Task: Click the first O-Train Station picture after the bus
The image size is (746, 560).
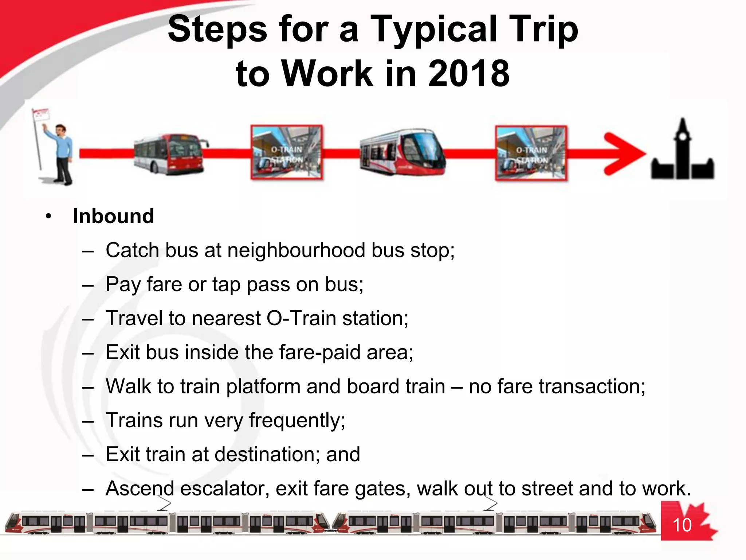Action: pos(287,152)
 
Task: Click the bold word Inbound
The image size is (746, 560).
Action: pos(113,216)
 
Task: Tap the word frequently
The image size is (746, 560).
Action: pos(297,420)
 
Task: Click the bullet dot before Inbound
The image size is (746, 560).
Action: pos(49,217)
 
